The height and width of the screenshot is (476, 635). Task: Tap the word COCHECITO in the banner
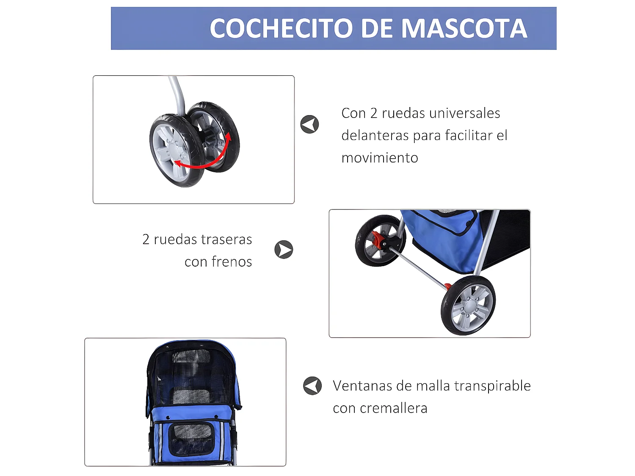pos(281,28)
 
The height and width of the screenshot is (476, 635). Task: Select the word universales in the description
pos(464,113)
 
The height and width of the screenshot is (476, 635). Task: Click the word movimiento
pos(380,158)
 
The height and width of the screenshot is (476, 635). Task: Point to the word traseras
pos(203,239)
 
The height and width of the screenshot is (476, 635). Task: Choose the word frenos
pos(232,262)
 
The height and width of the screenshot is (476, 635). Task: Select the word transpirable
pos(492,386)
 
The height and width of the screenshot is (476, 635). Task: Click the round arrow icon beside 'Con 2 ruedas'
pos(309,124)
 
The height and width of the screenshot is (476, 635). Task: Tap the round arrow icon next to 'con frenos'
pos(284,250)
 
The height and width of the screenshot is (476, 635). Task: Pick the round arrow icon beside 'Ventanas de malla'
pos(312,386)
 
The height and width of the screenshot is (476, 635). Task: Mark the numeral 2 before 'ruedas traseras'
pos(146,239)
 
